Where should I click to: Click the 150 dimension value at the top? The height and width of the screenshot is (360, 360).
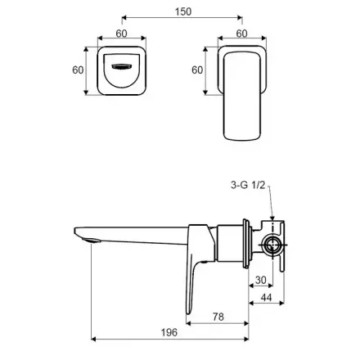click(183, 11)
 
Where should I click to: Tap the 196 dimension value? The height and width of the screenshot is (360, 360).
click(169, 332)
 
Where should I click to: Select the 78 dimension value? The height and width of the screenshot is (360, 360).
click(218, 317)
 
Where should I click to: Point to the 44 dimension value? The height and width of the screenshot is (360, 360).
click(266, 297)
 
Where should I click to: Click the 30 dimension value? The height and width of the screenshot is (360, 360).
click(261, 280)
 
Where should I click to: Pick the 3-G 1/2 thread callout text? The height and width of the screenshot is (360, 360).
click(248, 185)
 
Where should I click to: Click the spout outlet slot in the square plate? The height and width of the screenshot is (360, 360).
click(122, 66)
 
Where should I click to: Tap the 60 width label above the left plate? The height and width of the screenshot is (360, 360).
click(121, 34)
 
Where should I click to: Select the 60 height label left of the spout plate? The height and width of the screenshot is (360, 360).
click(78, 70)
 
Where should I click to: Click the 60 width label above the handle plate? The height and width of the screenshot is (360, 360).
click(241, 34)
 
